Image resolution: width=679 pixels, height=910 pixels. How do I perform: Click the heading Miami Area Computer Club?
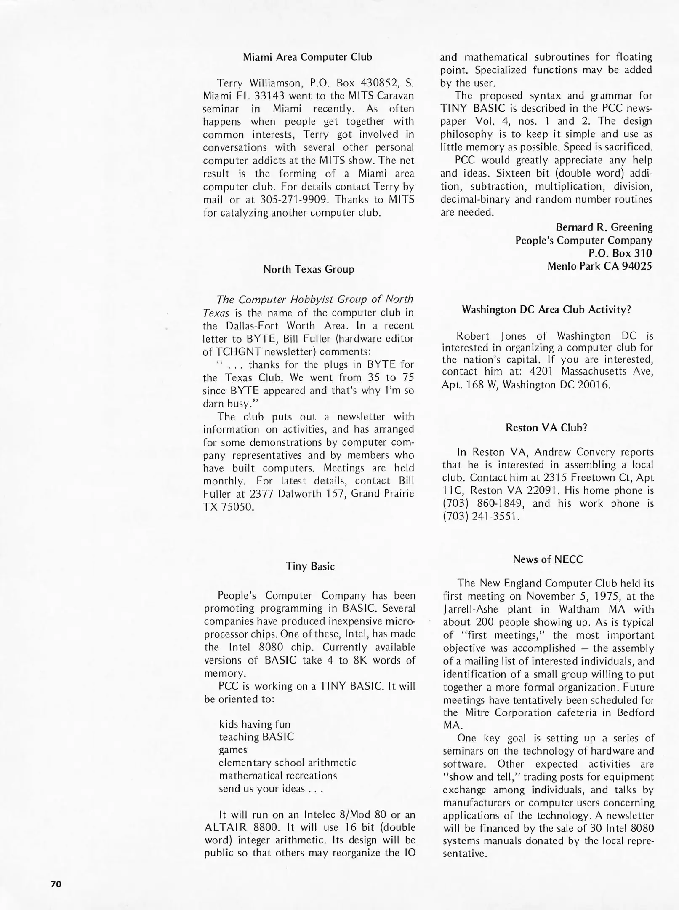tap(308, 57)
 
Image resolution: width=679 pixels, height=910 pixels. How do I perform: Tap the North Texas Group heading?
tap(309, 270)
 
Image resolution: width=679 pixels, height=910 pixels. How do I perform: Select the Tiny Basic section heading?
tap(310, 566)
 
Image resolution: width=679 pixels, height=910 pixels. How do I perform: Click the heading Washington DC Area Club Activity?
tap(546, 310)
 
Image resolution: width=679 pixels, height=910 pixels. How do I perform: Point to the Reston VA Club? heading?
tap(546, 428)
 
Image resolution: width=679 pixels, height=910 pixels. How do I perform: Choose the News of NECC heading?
tap(548, 559)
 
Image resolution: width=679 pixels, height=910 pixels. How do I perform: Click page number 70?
tap(56, 884)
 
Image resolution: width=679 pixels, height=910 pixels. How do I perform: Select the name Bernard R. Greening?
tap(604, 227)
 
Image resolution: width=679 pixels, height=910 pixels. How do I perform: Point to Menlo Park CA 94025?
tap(599, 266)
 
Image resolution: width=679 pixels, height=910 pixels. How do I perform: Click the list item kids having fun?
tap(255, 724)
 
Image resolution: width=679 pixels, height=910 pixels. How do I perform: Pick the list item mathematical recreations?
tap(278, 776)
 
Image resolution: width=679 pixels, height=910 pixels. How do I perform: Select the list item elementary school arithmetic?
tap(287, 763)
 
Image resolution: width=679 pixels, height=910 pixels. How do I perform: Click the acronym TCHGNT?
tap(237, 352)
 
